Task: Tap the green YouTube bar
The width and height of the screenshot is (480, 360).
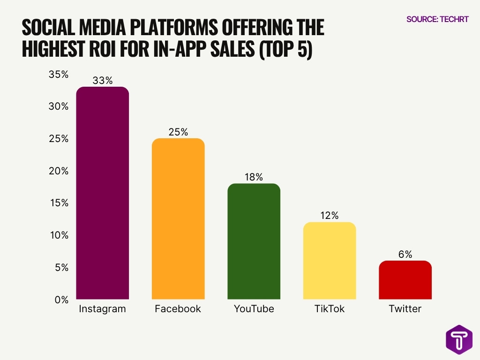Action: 254,241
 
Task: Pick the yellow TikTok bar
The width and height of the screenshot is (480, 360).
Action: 330,261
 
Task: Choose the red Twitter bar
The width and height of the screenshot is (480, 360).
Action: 405,280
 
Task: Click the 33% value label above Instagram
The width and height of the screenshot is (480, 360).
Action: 102,81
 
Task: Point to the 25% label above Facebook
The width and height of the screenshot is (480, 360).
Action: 178,132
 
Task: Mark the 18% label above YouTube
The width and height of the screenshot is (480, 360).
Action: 254,177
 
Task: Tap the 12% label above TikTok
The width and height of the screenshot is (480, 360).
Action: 330,216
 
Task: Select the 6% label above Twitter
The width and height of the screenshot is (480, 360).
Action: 405,255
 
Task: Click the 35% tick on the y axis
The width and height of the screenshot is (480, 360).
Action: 59,75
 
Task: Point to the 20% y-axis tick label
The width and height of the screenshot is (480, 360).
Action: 59,171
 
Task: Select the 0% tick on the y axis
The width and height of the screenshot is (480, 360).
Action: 61,300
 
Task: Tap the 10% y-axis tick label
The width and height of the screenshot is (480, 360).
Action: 59,235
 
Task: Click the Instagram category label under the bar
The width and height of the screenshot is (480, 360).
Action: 102,309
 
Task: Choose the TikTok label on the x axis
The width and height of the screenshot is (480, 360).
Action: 330,309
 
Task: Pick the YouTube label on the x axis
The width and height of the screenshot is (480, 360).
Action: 254,309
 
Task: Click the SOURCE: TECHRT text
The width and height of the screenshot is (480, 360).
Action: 437,19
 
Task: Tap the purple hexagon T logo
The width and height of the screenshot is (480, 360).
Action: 459,339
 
